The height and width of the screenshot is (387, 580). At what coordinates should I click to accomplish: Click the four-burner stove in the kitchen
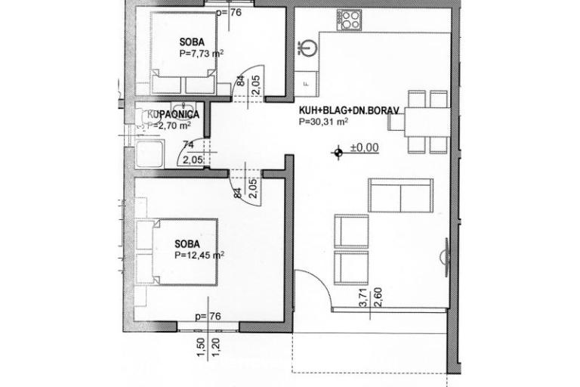350,20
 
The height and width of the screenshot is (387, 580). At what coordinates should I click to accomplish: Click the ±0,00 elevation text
364,148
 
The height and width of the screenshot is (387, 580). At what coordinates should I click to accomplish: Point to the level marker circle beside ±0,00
338,152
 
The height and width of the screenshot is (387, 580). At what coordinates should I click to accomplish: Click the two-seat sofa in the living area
400,197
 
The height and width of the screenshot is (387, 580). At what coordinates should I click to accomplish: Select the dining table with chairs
427,121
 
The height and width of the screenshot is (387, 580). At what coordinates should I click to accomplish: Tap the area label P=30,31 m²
323,121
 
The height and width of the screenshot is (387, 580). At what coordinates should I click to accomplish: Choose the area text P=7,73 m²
200,54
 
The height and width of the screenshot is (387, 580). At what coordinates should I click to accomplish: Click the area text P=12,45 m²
199,255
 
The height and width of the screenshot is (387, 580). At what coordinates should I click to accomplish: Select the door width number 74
188,144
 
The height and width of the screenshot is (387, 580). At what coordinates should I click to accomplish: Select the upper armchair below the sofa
351,231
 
